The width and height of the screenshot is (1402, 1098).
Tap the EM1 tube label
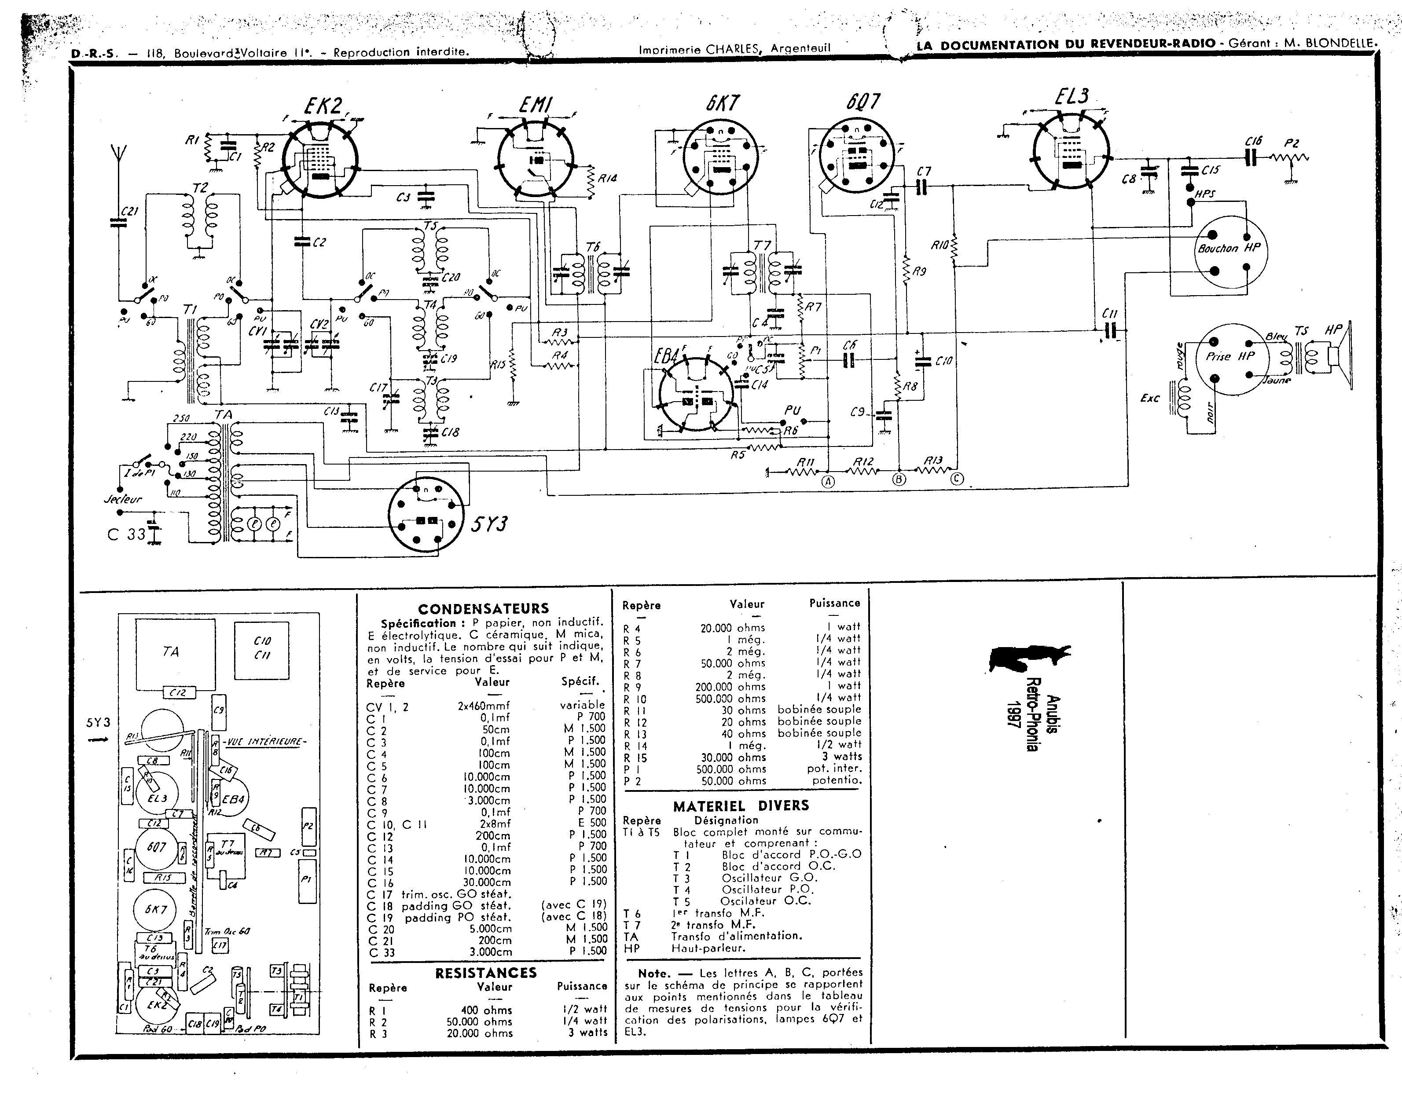(x=536, y=105)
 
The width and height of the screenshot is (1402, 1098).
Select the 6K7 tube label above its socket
(x=723, y=103)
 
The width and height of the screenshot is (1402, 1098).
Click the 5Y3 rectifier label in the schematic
(x=489, y=524)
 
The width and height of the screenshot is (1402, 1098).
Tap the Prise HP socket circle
(x=1230, y=358)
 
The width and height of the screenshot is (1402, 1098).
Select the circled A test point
(x=828, y=481)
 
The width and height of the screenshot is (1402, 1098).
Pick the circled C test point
(x=957, y=478)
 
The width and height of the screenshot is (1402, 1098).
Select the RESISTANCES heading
(x=485, y=973)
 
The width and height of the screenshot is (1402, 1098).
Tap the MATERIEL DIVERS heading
(x=741, y=806)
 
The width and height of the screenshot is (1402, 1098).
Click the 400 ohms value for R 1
(x=486, y=1010)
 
